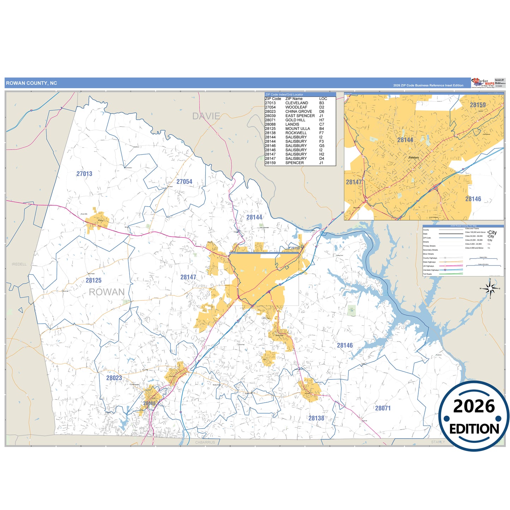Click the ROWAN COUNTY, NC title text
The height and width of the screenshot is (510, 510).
point(31,83)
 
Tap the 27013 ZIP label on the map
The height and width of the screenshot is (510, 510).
point(84,174)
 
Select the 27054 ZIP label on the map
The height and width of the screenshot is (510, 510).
point(184,182)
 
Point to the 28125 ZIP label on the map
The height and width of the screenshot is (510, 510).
point(94,281)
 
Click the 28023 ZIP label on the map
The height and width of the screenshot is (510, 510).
point(114,378)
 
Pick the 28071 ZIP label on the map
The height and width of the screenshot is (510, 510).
point(383,408)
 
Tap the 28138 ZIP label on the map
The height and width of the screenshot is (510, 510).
point(316,418)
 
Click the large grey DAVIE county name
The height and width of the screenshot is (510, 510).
point(206,116)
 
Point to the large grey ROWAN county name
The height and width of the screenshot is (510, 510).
point(107,292)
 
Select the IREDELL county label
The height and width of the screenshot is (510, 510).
point(19,264)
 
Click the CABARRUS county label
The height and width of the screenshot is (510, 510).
point(205,442)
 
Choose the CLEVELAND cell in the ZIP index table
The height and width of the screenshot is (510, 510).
point(296,103)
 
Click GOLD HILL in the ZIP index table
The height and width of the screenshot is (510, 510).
point(295,120)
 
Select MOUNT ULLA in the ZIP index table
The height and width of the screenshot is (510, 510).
point(298,129)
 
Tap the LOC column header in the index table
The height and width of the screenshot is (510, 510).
point(323,99)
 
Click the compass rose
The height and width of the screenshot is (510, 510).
point(490,289)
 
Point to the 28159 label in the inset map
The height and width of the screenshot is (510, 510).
point(478,105)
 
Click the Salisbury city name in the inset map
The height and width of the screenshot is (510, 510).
point(414,157)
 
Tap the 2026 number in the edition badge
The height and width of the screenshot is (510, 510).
point(474,407)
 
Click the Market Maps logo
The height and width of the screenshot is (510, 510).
point(483,83)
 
